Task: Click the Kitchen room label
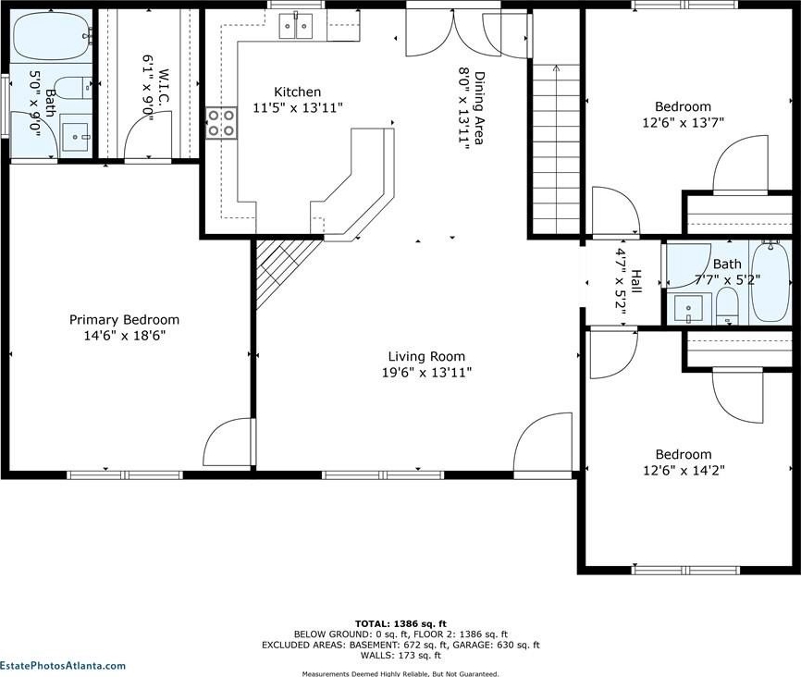(297, 92)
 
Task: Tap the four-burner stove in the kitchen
(222, 123)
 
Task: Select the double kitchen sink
(296, 26)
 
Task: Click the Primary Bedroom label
(124, 320)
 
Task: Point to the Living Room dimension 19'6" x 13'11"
(426, 373)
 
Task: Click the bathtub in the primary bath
(52, 36)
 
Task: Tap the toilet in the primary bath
(72, 88)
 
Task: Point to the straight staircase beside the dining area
(556, 148)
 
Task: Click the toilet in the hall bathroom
(727, 306)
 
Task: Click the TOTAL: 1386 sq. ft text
(400, 623)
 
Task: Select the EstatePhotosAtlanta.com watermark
(62, 665)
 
